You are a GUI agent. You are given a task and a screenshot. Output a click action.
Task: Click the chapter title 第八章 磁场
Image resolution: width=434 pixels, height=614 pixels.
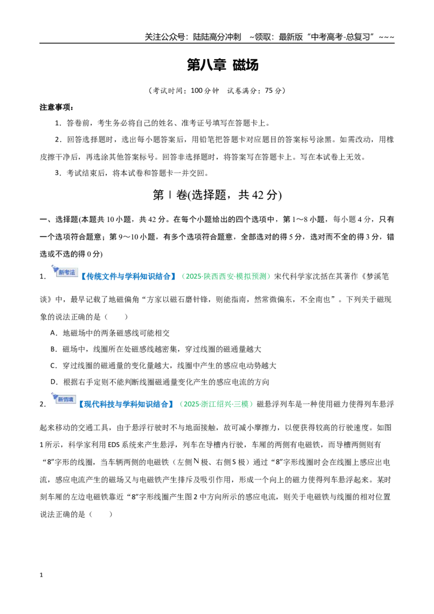[222, 65]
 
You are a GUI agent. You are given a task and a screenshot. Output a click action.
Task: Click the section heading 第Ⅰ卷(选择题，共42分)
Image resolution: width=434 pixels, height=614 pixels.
[218, 195]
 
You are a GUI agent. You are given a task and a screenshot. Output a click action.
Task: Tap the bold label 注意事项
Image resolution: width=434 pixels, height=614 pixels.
[56, 107]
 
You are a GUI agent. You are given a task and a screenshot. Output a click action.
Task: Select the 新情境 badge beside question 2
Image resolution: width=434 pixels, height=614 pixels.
[63, 398]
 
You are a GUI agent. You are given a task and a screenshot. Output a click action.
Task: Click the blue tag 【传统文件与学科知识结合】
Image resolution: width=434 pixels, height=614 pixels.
[129, 277]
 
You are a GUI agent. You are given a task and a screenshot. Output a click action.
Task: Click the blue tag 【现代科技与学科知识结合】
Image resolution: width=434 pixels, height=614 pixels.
[126, 404]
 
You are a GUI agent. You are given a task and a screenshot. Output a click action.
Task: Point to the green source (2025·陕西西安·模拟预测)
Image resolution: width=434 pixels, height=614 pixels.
[226, 277]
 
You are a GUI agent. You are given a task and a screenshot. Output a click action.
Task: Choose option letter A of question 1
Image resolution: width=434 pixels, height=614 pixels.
[53, 333]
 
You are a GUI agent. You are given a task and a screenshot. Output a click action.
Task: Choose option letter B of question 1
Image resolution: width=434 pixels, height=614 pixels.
[53, 349]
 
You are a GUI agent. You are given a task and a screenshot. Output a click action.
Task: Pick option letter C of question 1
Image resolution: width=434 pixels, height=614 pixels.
[53, 366]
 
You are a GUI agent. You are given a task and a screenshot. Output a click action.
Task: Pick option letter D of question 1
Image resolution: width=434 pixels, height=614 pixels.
[54, 382]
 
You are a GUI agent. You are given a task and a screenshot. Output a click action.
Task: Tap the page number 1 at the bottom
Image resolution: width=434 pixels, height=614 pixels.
[41, 575]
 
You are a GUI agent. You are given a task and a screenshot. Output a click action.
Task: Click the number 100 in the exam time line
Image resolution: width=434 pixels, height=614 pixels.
[196, 91]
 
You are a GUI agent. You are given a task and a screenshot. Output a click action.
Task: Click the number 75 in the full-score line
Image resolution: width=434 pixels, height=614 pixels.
[269, 91]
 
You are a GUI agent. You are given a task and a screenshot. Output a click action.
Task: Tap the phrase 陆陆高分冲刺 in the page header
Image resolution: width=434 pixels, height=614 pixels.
[217, 37]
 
